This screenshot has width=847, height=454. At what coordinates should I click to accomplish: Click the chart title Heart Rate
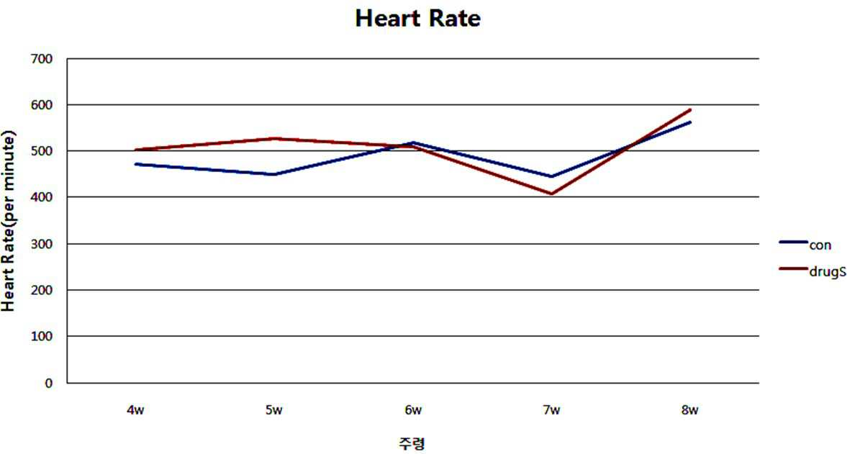tap(417, 19)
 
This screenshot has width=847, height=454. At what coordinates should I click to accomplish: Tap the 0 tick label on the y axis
tap(49, 383)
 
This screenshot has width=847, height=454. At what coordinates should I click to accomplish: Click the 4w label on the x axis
tap(135, 410)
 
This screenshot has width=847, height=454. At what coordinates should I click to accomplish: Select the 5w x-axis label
tap(274, 410)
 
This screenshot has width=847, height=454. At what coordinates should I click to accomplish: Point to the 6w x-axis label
tap(412, 410)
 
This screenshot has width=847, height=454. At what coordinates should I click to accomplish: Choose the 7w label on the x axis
tap(551, 410)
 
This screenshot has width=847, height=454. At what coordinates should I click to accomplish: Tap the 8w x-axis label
tap(690, 410)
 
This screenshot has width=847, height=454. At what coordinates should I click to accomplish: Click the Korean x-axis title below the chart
tap(412, 444)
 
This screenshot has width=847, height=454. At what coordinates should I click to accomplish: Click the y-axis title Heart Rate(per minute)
tap(8, 221)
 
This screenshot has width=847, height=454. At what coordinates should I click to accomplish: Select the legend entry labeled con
tap(805, 245)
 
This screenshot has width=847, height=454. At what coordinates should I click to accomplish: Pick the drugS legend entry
tap(812, 271)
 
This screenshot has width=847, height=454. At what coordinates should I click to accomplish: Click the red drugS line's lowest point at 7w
tap(551, 194)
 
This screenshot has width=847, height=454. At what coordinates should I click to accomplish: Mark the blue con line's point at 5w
tap(274, 174)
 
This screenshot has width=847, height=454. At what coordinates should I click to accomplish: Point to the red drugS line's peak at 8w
tap(690, 110)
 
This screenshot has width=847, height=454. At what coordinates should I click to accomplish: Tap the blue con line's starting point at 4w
tap(135, 164)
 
